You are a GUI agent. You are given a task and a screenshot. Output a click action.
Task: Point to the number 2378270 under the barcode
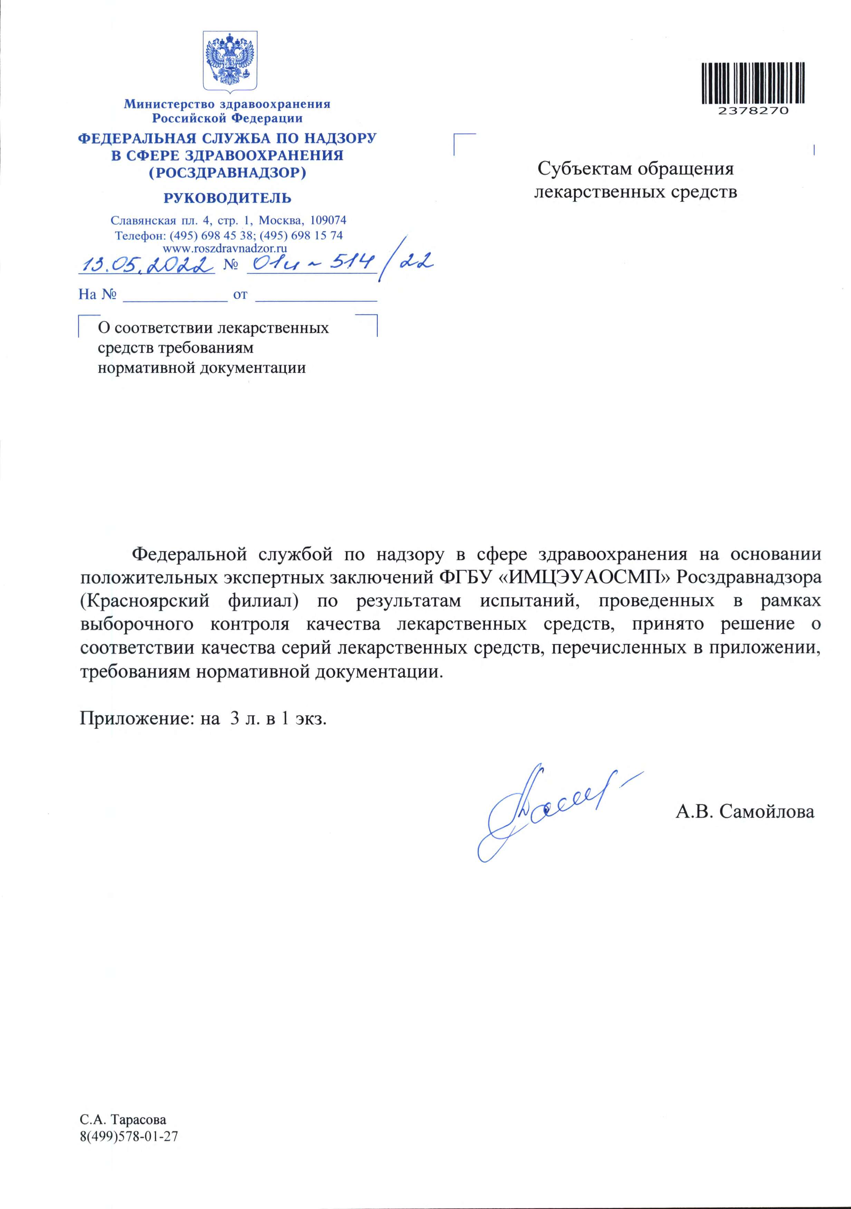point(753,111)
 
